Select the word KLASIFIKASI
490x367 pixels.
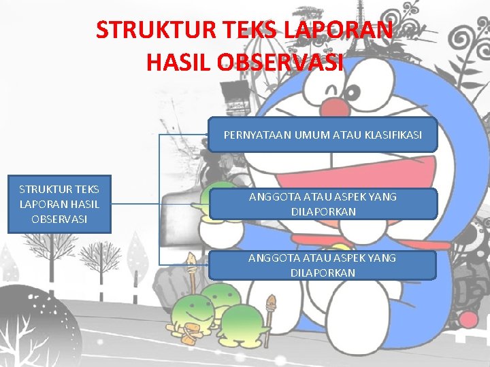(393, 135)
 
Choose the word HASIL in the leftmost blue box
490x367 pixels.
(84, 204)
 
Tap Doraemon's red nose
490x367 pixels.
(333, 107)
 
